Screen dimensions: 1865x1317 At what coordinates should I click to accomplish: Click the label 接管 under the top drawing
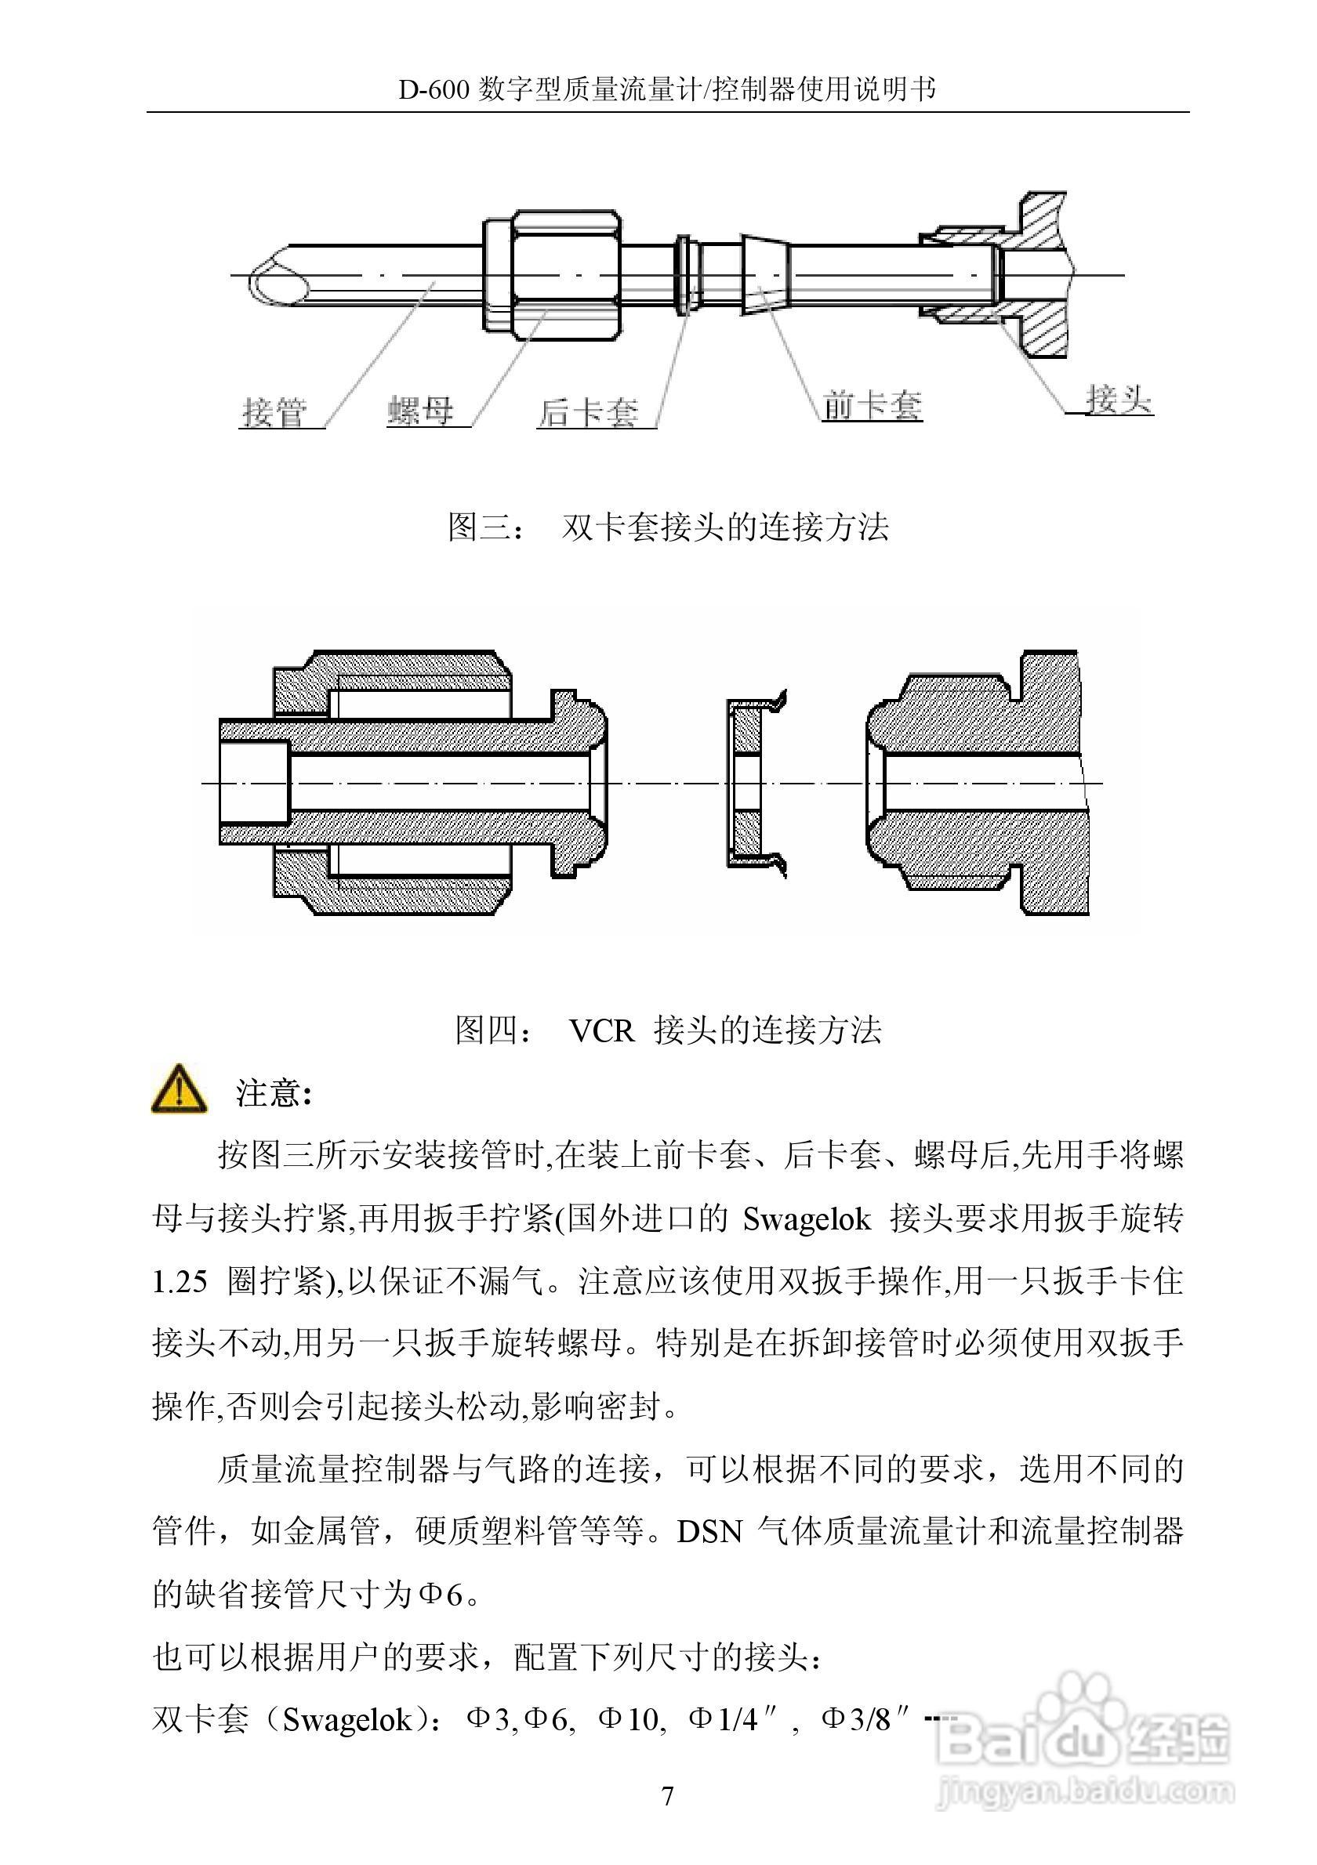point(274,412)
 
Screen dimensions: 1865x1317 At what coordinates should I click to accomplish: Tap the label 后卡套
point(588,413)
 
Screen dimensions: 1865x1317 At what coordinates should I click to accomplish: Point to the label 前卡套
point(872,404)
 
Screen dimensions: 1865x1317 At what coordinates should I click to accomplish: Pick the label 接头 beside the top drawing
point(1119,399)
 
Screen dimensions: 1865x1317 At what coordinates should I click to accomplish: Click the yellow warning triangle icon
point(179,1090)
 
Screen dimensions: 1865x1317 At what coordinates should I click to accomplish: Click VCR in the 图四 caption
point(601,1030)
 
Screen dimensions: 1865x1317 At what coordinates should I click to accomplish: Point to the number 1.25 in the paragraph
point(180,1282)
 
